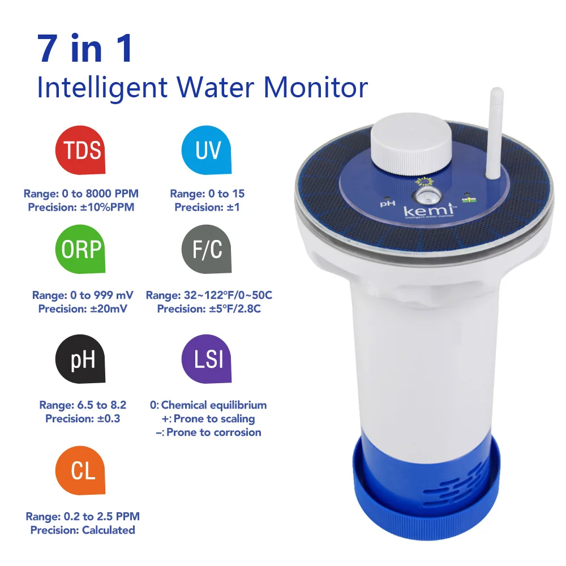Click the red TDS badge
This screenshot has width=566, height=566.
[80, 150]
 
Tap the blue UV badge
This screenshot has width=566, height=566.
[206, 150]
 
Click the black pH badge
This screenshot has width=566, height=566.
[80, 360]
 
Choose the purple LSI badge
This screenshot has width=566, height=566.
[206, 360]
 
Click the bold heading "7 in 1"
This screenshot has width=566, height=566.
[85, 49]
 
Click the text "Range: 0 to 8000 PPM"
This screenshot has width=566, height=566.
[81, 194]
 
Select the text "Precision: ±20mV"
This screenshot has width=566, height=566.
[83, 309]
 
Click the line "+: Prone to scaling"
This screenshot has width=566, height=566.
[208, 419]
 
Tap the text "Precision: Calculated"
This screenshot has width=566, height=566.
[83, 530]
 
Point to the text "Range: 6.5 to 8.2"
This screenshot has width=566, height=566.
[83, 405]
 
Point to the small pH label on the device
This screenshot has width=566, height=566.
[387, 203]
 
